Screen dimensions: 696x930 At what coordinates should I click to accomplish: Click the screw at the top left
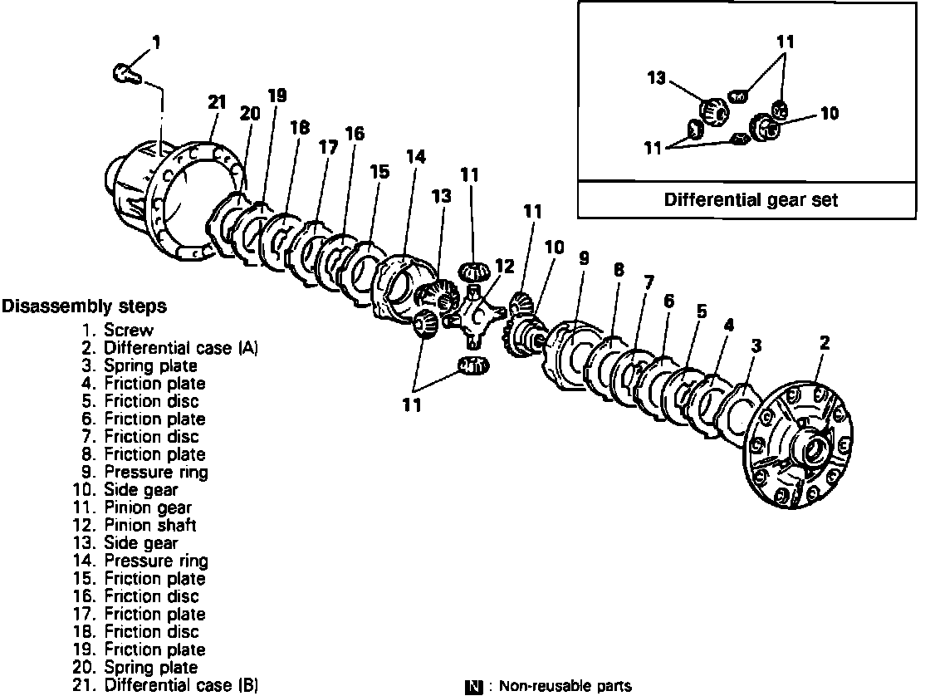pos(125,74)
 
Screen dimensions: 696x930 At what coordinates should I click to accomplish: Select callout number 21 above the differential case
pos(217,102)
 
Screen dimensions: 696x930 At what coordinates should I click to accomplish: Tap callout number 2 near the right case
pos(825,342)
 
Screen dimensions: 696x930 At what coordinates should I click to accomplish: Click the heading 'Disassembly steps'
pos(84,306)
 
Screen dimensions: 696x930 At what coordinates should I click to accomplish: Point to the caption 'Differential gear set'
pos(751,199)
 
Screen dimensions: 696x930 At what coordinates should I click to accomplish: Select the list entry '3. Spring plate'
pos(139,365)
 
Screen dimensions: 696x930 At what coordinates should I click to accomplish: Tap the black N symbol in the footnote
pos(475,686)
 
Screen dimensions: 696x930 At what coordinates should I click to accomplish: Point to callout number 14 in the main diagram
pos(415,156)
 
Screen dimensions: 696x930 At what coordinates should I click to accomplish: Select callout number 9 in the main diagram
pos(584,258)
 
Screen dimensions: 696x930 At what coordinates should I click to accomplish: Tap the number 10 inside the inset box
pos(830,114)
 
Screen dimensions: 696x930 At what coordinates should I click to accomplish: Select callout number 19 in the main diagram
pos(277,96)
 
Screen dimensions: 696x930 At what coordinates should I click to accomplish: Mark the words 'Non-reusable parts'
pos(565,686)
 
